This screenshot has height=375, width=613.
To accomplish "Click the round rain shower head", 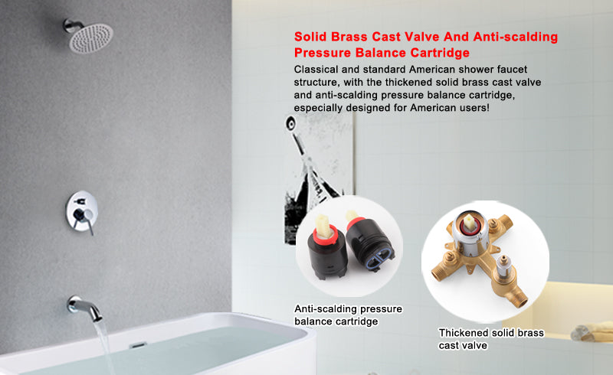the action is (x=91, y=38).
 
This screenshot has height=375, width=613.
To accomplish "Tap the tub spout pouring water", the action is (x=84, y=306).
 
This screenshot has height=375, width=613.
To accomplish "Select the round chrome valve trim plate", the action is (x=81, y=211).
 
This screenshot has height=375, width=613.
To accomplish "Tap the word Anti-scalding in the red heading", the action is (x=515, y=37).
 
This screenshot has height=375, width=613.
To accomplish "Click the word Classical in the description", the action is (x=316, y=70).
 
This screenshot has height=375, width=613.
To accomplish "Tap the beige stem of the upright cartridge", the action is (x=323, y=227).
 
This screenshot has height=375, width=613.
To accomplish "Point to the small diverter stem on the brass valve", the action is (x=503, y=265).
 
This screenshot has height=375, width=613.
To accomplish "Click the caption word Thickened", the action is (x=464, y=333).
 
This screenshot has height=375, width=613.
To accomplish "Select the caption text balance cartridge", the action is (x=336, y=321).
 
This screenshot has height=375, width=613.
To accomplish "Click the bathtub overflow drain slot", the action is (x=138, y=345).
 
